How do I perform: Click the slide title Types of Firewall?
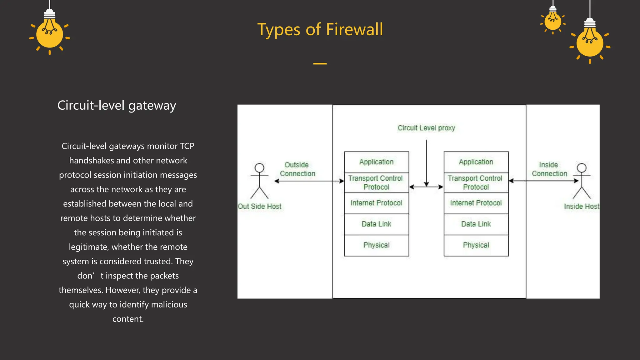click(320, 30)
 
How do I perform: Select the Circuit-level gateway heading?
click(117, 106)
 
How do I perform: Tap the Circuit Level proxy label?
click(426, 128)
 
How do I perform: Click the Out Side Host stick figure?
click(259, 181)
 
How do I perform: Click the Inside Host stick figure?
click(582, 181)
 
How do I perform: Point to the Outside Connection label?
click(297, 169)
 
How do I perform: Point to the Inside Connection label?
click(549, 169)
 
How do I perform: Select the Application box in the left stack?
click(376, 162)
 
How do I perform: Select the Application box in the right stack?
click(476, 162)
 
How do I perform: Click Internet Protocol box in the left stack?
click(376, 203)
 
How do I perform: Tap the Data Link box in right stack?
click(476, 224)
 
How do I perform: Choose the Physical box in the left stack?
click(376, 245)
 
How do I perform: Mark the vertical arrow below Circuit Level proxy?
click(426, 162)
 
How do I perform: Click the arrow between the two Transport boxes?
click(426, 187)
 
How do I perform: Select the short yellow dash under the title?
click(320, 63)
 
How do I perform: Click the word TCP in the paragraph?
click(187, 146)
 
